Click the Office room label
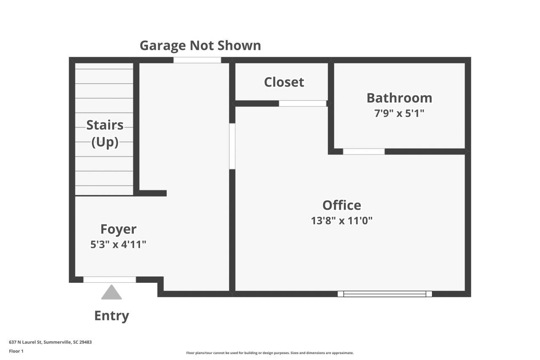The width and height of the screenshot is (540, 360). coord(342,205)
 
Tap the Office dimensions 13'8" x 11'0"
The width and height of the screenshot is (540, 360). coord(342,220)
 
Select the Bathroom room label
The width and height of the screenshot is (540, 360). coord(399,98)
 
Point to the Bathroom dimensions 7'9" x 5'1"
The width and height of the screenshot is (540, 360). coord(399,113)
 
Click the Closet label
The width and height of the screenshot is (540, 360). coord(284,82)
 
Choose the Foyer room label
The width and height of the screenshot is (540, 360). coord(118,229)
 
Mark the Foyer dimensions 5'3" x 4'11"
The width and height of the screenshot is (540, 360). coord(118,244)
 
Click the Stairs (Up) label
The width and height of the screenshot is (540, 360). coord(105,133)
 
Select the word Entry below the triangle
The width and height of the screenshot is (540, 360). coord(111,316)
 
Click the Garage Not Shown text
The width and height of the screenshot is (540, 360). coord(200,45)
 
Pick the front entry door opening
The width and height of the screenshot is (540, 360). coord(110,279)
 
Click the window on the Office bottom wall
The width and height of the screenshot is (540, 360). coord(385,294)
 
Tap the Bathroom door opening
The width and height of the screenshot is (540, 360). coord(364,152)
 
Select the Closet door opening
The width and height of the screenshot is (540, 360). coord(302,103)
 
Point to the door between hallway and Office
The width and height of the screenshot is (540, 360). coord(232,146)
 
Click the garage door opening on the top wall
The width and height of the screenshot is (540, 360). coord(197,60)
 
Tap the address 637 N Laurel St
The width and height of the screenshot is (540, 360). coord(50,342)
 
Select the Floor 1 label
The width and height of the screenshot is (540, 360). coord(16,351)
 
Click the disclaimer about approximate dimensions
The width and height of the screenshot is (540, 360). coord(270,353)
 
